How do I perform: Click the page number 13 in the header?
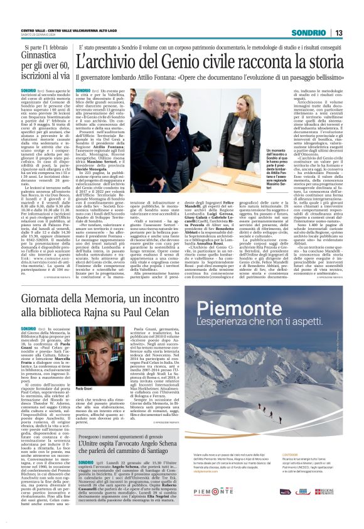338,33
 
